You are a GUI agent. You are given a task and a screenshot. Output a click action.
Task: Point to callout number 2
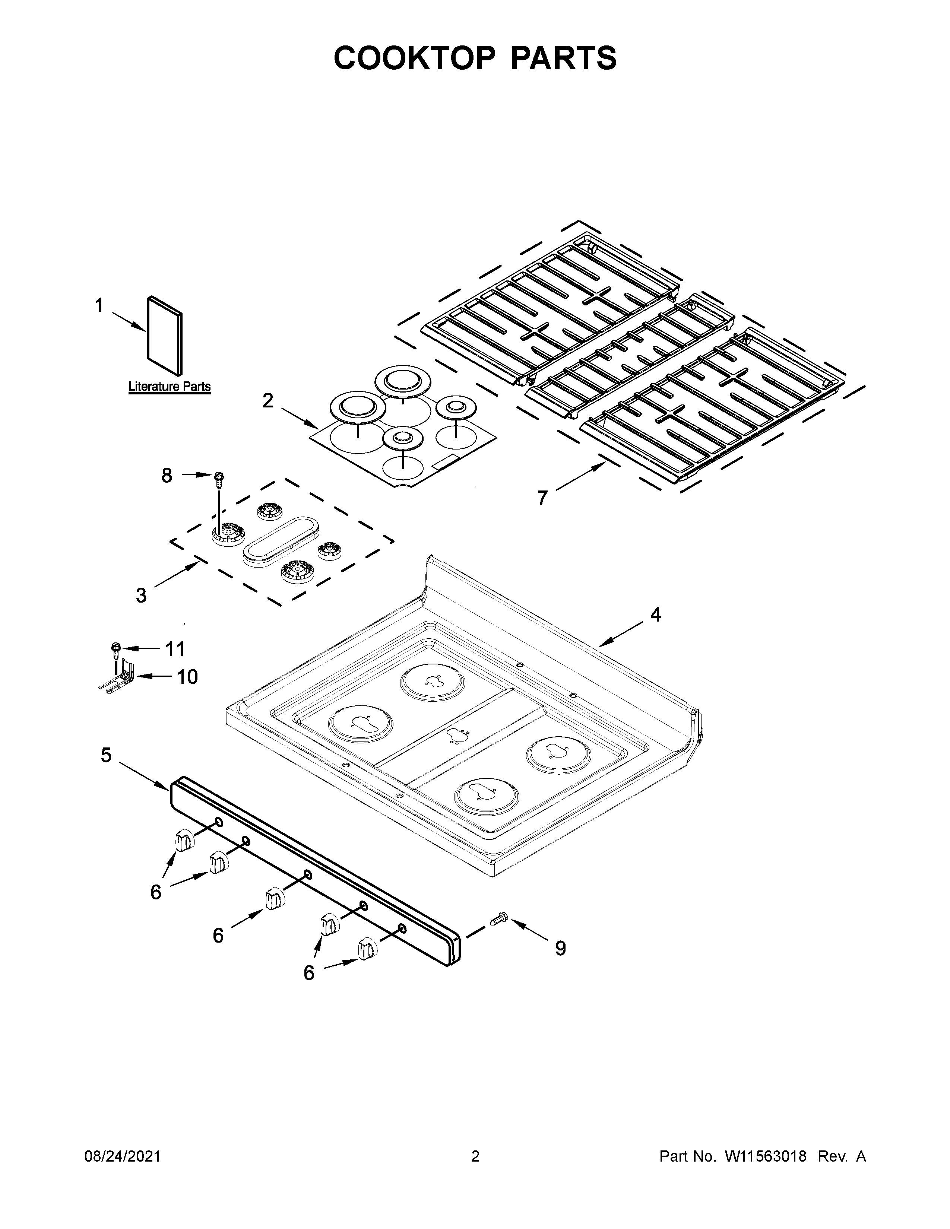click(x=268, y=401)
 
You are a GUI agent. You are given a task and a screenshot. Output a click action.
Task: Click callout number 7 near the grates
click(x=542, y=498)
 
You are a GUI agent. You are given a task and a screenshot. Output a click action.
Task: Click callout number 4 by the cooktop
click(x=655, y=615)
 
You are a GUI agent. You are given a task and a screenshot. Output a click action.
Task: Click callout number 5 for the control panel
click(x=106, y=755)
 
